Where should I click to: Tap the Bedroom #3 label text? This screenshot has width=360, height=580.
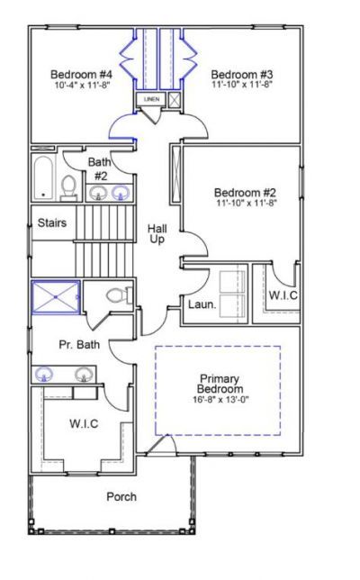(241, 74)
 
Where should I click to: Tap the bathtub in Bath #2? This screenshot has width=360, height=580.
(42, 177)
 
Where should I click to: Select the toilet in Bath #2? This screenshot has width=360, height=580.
(69, 186)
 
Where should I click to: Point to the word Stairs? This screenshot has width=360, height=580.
(51, 223)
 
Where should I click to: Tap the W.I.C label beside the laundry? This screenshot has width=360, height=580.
(283, 295)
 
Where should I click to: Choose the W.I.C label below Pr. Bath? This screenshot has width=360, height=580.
(84, 422)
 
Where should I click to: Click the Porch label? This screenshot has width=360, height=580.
(121, 497)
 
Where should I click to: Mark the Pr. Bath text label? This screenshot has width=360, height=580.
(78, 344)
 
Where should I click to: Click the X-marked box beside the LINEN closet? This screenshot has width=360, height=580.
(173, 99)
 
